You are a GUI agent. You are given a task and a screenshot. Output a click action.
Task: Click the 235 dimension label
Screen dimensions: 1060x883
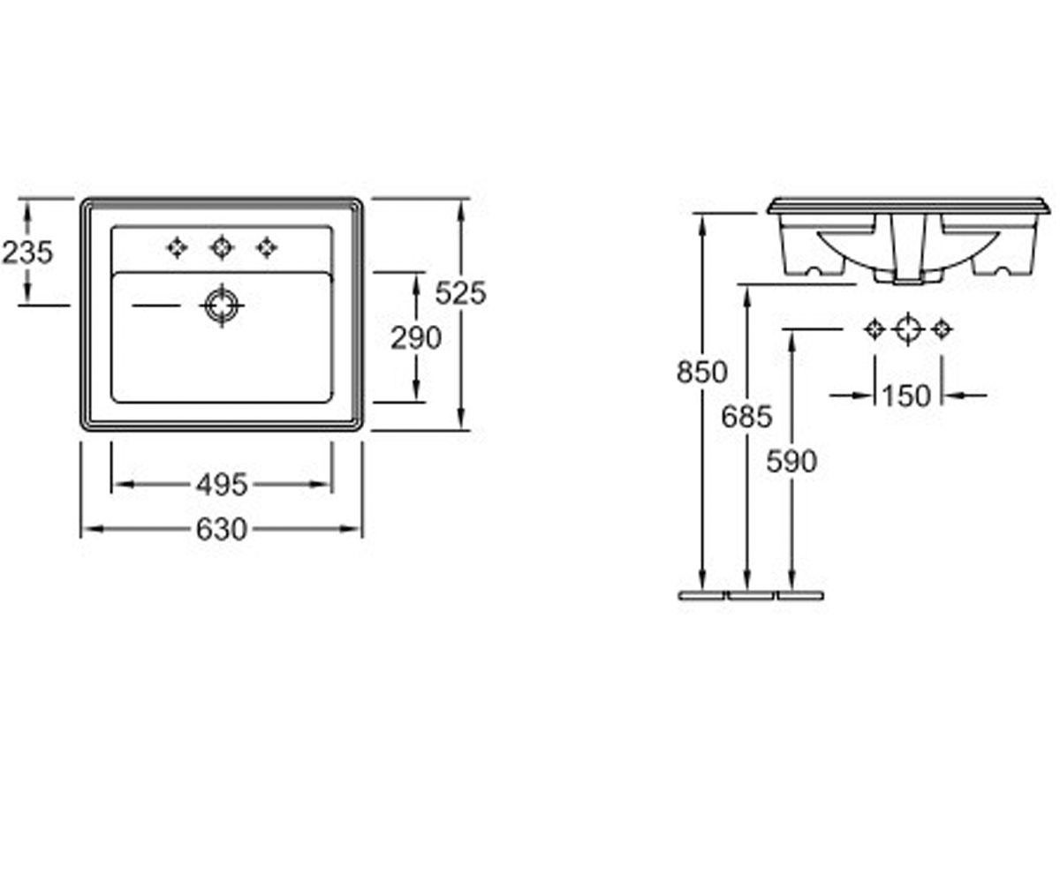coord(27,253)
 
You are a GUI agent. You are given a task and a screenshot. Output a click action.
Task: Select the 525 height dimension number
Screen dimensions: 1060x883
coord(460,293)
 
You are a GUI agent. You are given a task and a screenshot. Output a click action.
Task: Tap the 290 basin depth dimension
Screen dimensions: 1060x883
coord(416,338)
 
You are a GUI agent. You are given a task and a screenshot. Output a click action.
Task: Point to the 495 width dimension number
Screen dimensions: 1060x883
coord(222,485)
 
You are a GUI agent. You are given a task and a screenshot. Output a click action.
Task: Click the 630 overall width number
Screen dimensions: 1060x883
coord(222,529)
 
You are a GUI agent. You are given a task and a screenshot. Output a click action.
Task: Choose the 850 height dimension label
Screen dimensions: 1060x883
coord(701,372)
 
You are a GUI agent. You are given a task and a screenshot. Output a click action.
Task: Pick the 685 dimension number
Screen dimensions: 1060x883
coord(746,417)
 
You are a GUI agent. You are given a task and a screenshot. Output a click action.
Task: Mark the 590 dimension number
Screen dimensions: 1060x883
coord(791,461)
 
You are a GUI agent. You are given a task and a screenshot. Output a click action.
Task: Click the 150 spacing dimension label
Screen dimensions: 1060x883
coord(907,396)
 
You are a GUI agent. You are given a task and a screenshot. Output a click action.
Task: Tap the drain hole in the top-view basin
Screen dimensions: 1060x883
coord(222,306)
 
